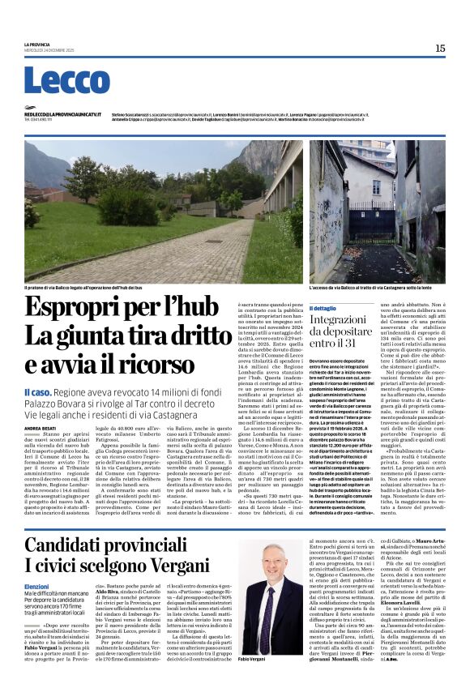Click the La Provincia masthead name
36,45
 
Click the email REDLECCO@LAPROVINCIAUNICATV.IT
62,115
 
